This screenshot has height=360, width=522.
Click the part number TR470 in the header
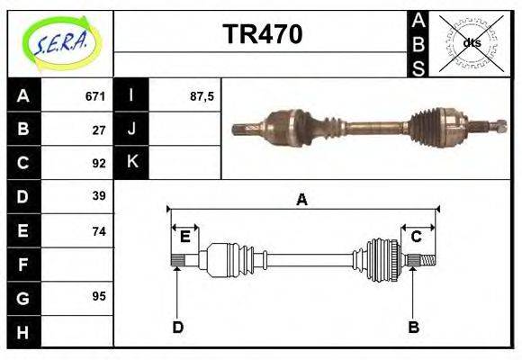tap(262, 35)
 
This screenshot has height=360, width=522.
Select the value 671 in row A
tap(95, 95)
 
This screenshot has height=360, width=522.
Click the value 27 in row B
tap(99, 130)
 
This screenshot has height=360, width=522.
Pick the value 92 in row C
tap(99, 164)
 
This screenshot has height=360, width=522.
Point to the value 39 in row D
tap(99, 196)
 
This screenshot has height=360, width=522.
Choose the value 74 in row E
tap(99, 231)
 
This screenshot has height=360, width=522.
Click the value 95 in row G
tap(99, 296)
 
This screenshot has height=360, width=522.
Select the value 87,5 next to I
tap(202, 95)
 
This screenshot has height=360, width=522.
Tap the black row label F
tap(23, 265)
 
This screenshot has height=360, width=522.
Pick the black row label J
tap(131, 129)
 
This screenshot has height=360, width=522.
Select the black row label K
tap(131, 163)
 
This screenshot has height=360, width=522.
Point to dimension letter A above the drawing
tap(302, 200)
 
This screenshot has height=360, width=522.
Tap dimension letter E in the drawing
tap(184, 237)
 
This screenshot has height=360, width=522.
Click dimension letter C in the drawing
tap(417, 237)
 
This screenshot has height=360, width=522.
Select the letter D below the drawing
tap(177, 327)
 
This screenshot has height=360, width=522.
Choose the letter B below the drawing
tap(413, 327)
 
